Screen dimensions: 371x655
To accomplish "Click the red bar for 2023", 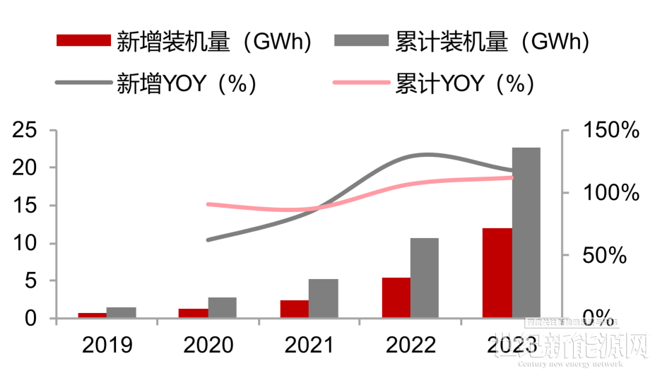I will (x=497, y=273).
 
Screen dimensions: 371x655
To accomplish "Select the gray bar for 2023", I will (x=526, y=233).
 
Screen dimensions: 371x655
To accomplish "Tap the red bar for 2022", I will (x=396, y=298).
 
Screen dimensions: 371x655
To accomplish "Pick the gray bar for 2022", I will (x=425, y=278).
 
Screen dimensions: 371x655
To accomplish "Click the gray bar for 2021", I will (x=323, y=298).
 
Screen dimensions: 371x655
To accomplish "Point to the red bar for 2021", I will (x=294, y=309).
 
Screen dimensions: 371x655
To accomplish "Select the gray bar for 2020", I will (x=222, y=307).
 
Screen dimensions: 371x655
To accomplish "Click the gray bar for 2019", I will (x=121, y=312).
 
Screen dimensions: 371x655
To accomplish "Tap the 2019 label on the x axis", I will (x=107, y=345).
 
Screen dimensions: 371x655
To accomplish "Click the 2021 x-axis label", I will (x=309, y=345).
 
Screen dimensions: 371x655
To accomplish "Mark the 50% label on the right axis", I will (x=604, y=256).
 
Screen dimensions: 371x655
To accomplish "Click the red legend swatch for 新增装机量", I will (x=83, y=40).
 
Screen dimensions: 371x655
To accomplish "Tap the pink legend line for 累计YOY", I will (x=361, y=83).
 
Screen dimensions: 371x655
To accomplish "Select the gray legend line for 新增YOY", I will (x=83, y=83).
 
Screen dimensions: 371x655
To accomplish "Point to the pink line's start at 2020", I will (x=207, y=204).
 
